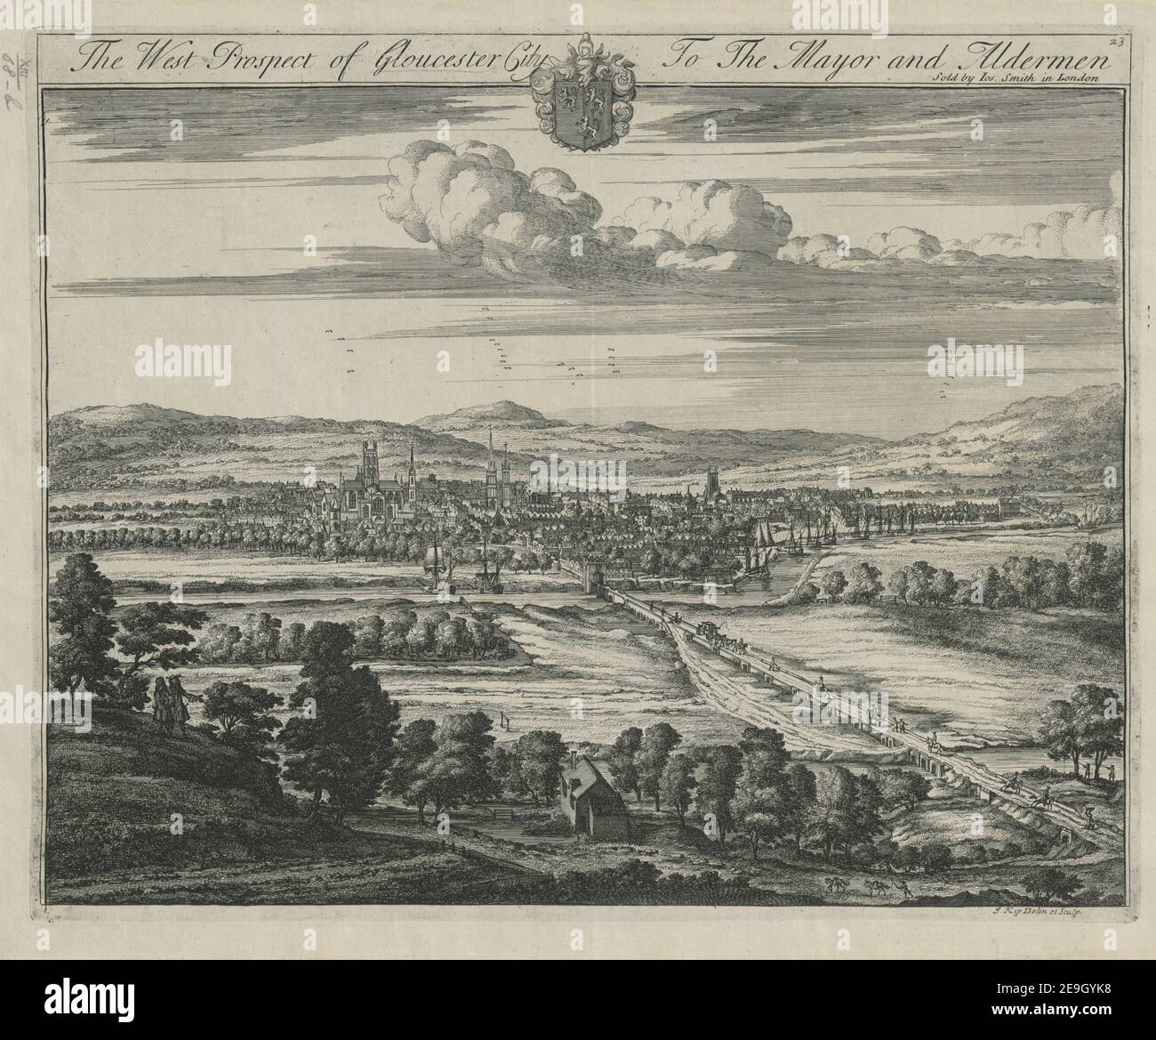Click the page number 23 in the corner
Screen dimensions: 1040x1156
pyautogui.click(x=1118, y=38)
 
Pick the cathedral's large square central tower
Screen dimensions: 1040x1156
pyautogui.click(x=370, y=463)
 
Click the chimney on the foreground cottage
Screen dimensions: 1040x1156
pyautogui.click(x=579, y=757)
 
